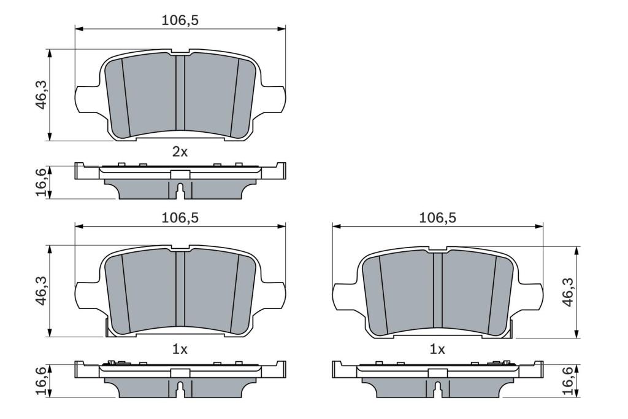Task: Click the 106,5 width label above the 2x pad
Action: click(x=180, y=20)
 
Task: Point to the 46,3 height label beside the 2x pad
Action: click(x=42, y=95)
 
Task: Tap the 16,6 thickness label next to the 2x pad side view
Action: click(x=42, y=182)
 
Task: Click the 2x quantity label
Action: click(x=180, y=152)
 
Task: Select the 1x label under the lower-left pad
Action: click(x=180, y=349)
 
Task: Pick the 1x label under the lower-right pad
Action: click(x=437, y=349)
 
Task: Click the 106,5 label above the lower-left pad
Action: click(x=180, y=217)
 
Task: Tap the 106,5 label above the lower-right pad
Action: click(x=437, y=217)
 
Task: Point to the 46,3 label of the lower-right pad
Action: click(x=569, y=292)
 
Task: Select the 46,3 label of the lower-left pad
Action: click(x=42, y=291)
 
